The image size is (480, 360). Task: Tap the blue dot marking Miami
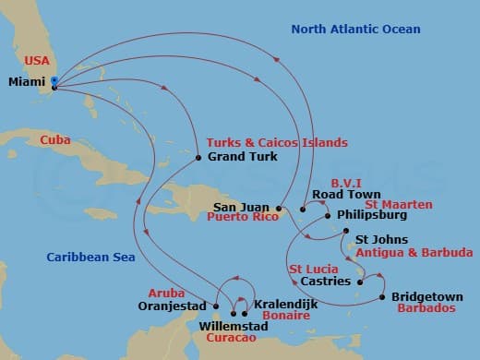54,81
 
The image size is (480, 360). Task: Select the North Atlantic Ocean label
355,30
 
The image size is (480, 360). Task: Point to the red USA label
36,61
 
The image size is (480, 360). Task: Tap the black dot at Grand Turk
198,158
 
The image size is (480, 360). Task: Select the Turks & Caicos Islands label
277,143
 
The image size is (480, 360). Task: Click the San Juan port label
242,207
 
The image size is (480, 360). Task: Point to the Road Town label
346,195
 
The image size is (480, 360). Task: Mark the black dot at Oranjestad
216,306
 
